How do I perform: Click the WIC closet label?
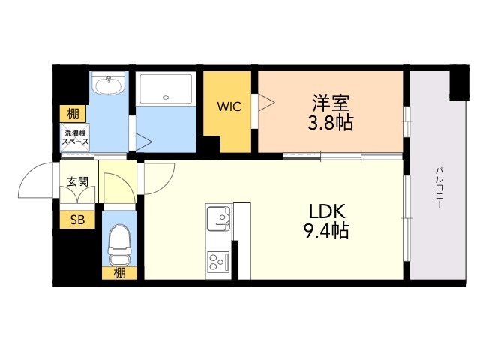pyautogui.click(x=229, y=106)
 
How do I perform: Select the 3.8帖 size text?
pyautogui.click(x=330, y=122)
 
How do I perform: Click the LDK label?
pyautogui.click(x=327, y=211)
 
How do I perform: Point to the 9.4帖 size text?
pyautogui.click(x=326, y=230)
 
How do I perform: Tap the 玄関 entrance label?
pyautogui.click(x=78, y=181)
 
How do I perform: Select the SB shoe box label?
pyautogui.click(x=77, y=220)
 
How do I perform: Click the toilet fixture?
pyautogui.click(x=119, y=244)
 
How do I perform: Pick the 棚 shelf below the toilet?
pyautogui.click(x=119, y=273)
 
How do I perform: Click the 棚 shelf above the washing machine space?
pyautogui.click(x=73, y=114)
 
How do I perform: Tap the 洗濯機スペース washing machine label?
pyautogui.click(x=75, y=137)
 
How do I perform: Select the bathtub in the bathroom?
pyautogui.click(x=166, y=88)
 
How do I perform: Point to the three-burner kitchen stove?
pyautogui.click(x=218, y=262)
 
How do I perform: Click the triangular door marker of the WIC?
pyautogui.click(x=266, y=102)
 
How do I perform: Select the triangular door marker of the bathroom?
pyautogui.click(x=143, y=142)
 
